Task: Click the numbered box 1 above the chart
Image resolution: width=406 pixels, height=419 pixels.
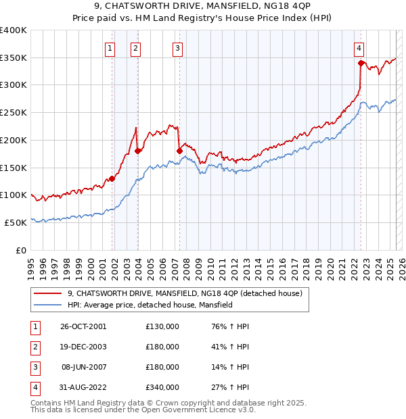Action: [x=110, y=48]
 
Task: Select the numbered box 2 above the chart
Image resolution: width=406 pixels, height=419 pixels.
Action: [x=135, y=48]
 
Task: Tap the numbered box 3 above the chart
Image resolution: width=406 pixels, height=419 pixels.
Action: [x=177, y=48]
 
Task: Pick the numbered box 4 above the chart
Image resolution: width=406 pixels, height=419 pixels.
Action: [x=359, y=48]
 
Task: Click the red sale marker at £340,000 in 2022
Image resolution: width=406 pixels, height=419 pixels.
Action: [x=361, y=63]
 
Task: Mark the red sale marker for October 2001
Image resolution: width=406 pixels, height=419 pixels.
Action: [x=112, y=178]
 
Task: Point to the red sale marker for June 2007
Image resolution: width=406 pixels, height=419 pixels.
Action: [x=179, y=151]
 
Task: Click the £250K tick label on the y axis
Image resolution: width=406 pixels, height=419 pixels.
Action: [x=14, y=112]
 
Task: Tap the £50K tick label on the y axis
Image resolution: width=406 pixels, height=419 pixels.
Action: [x=16, y=222]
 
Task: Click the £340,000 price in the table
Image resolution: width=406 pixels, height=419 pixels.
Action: [x=162, y=387]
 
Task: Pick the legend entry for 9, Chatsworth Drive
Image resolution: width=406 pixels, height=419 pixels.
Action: [x=189, y=293]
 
